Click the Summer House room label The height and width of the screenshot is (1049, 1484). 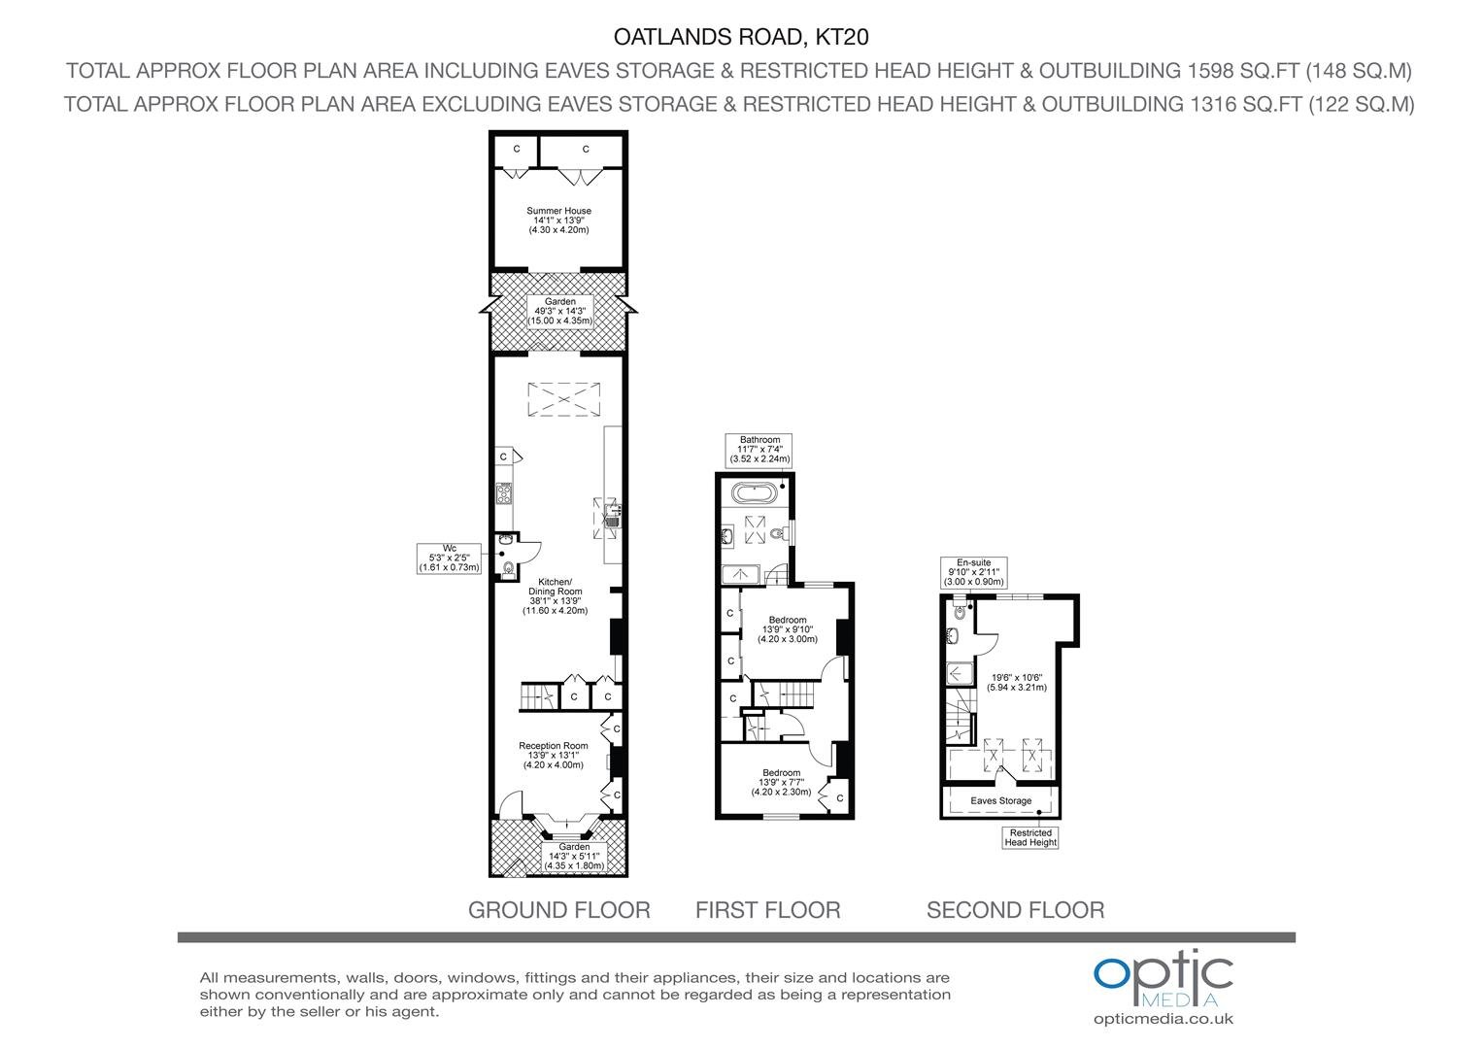tap(558, 220)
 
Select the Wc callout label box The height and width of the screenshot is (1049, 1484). tap(449, 558)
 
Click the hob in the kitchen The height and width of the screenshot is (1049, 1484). tap(504, 493)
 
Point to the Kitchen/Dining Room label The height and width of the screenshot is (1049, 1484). tap(556, 596)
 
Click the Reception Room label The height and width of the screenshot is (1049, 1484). tap(554, 755)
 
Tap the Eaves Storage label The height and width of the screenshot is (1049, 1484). tap(1001, 800)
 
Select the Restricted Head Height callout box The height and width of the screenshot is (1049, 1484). tap(1030, 837)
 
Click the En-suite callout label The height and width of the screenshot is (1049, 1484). tap(974, 572)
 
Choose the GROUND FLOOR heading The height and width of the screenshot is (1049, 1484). tap(559, 910)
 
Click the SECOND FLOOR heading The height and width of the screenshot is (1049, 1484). tap(1016, 910)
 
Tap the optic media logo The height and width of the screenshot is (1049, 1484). tap(1163, 977)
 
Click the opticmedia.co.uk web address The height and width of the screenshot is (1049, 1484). tap(1164, 1019)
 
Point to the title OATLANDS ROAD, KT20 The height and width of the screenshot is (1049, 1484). tap(741, 37)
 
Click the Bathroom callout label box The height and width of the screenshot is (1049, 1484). tap(759, 450)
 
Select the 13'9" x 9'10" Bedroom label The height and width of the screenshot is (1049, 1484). tap(788, 629)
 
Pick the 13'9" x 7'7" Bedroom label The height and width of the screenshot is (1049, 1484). tap(781, 782)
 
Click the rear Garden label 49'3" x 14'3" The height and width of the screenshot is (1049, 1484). tap(559, 312)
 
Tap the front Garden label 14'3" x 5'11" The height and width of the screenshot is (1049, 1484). tap(574, 857)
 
